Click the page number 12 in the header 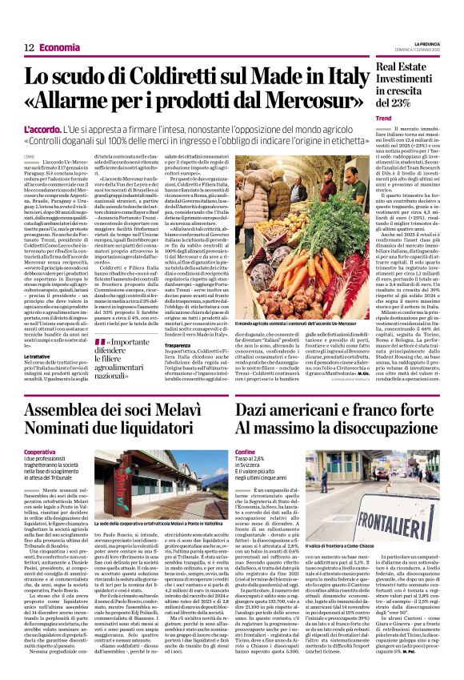tap(28, 47)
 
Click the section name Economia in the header tap(60, 47)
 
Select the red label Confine tap(246, 452)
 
